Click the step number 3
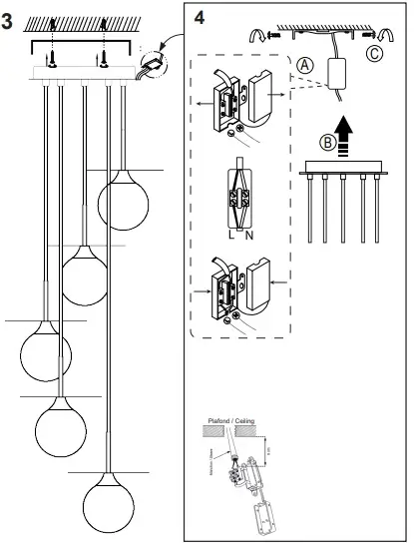[x=9, y=22]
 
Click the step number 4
[x=201, y=18]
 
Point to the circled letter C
[x=373, y=54]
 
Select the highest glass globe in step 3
[x=125, y=198]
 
